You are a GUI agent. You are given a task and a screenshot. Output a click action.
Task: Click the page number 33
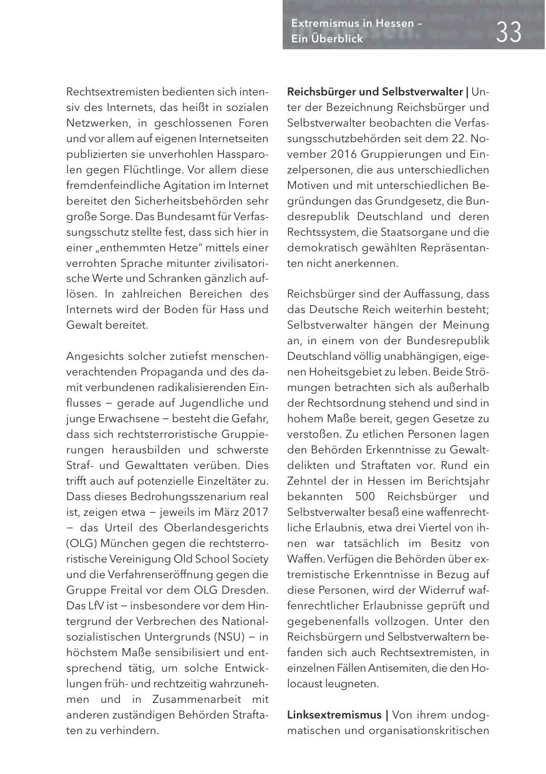509,31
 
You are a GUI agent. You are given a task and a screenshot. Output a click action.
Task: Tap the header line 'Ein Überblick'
326,39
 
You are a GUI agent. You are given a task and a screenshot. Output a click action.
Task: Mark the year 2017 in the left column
256,511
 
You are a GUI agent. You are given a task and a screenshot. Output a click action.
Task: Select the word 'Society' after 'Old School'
249,558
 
